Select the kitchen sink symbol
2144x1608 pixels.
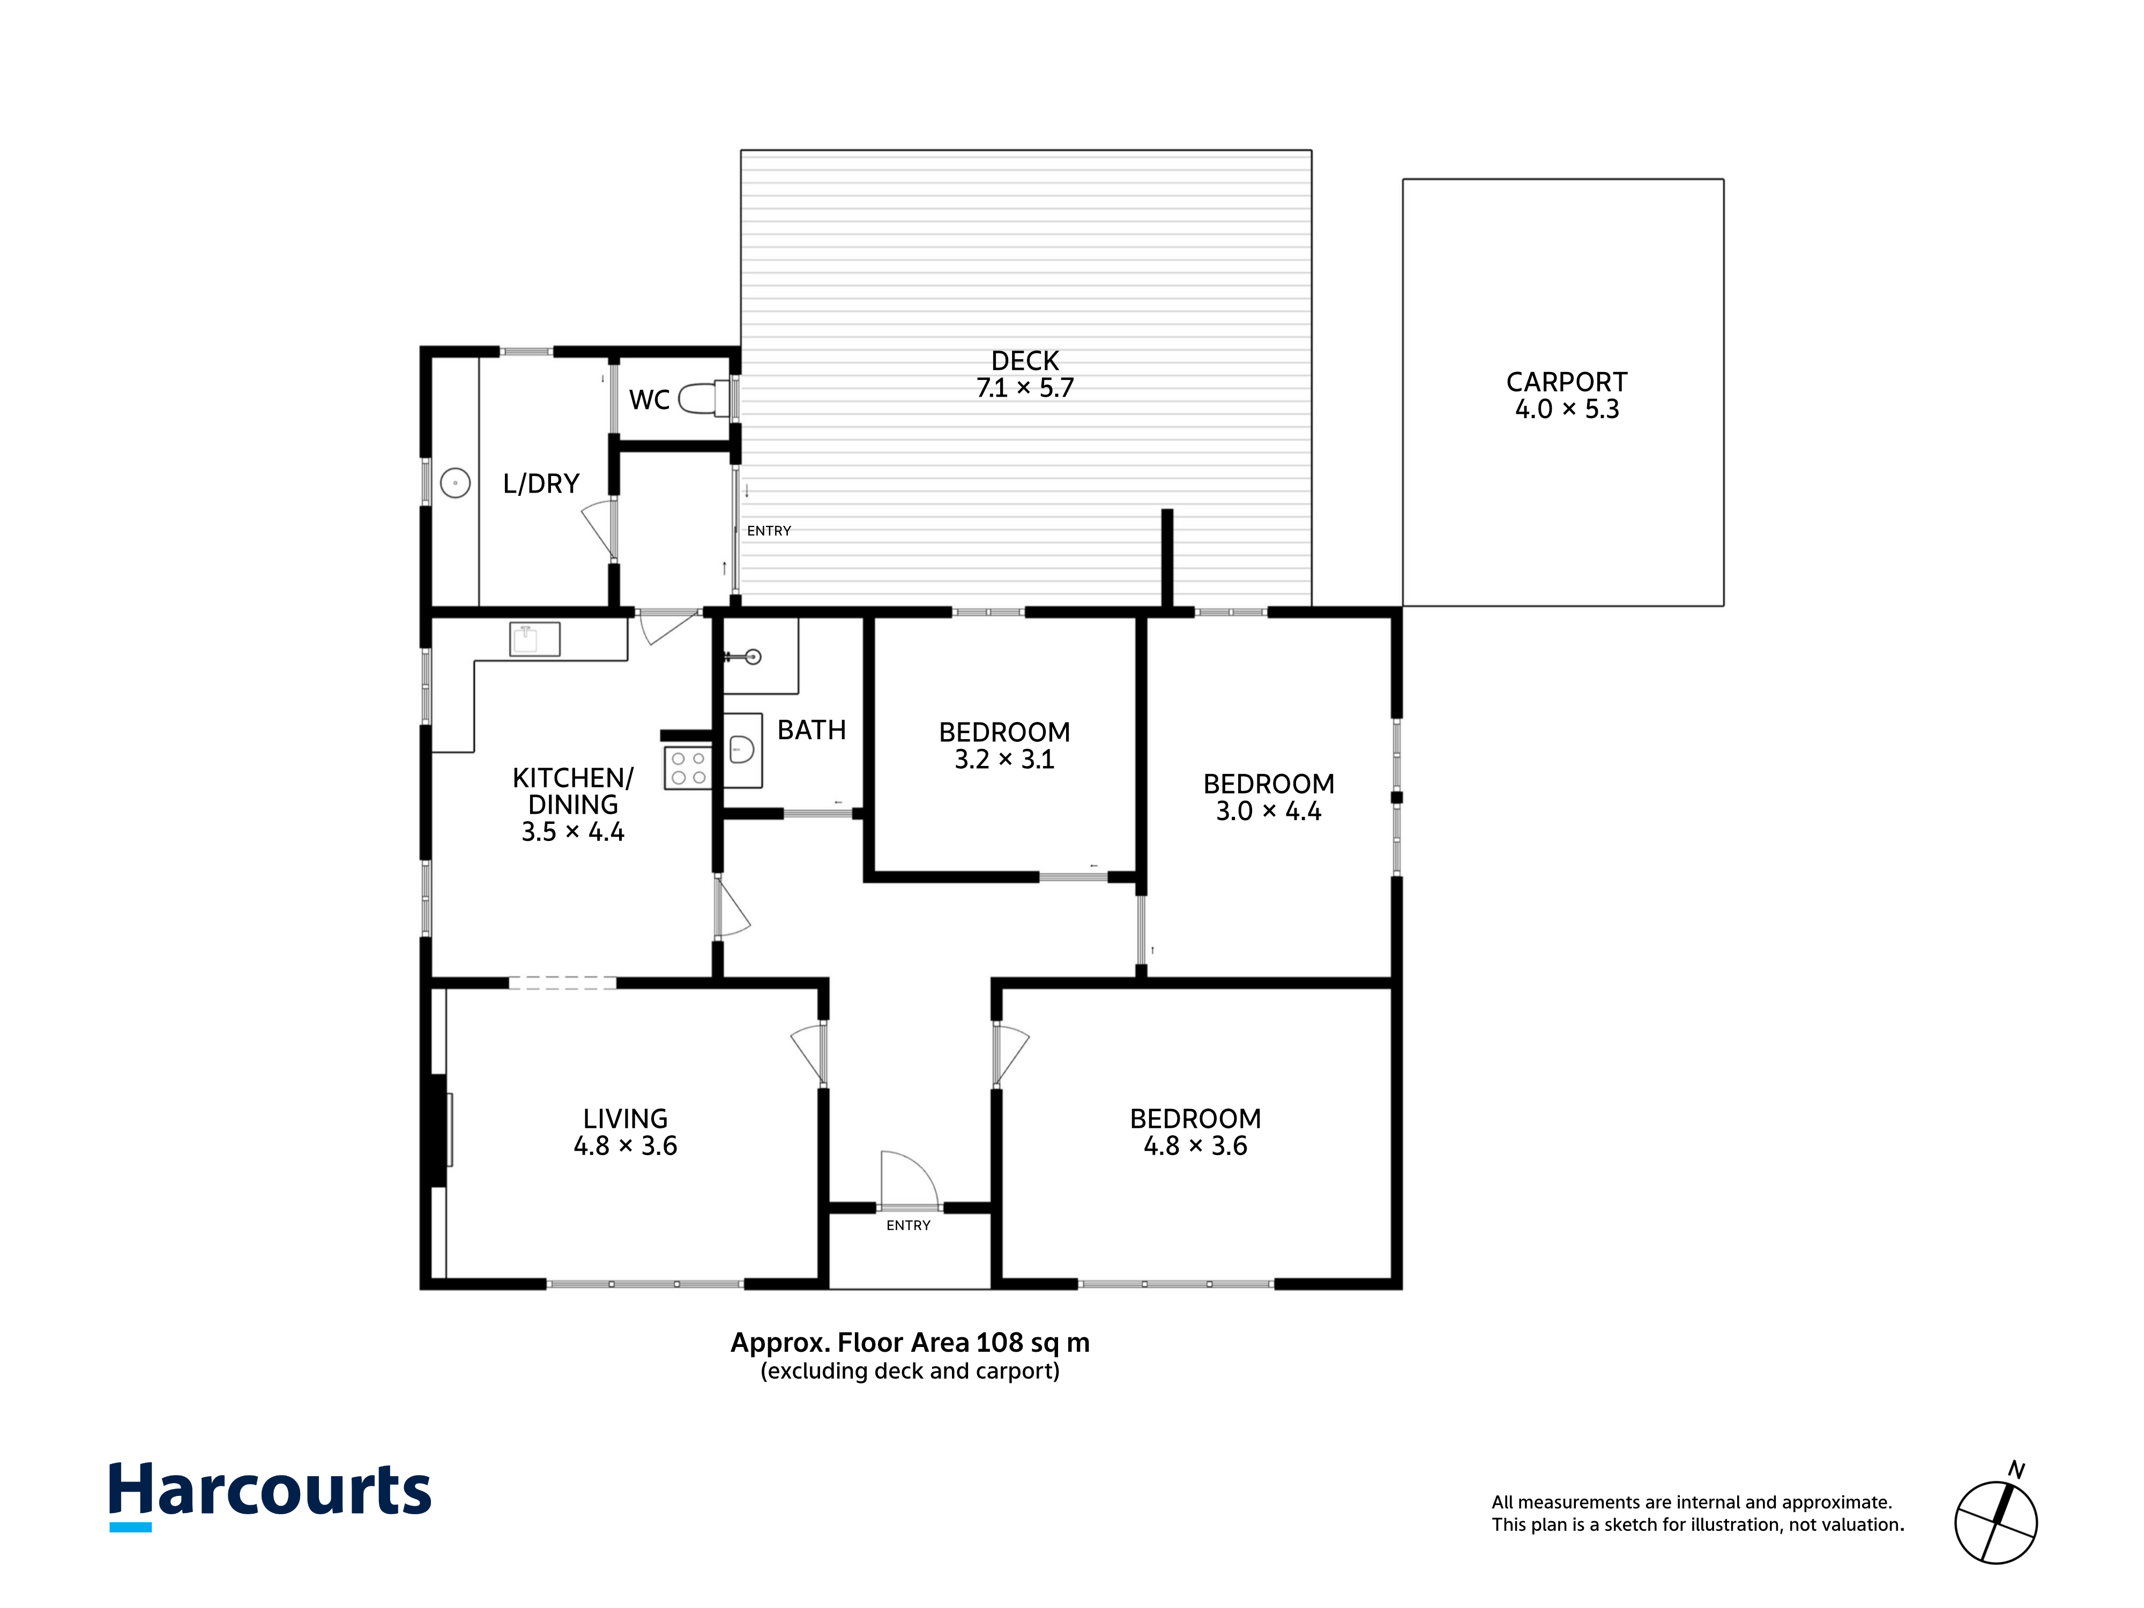[x=534, y=639]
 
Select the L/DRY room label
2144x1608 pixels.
[x=541, y=483]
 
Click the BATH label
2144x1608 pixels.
[x=812, y=730]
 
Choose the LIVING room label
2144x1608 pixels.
[x=625, y=1119]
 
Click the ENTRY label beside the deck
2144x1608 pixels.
[x=769, y=531]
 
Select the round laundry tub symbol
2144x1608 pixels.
[x=456, y=483]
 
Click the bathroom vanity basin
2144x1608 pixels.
[x=741, y=749]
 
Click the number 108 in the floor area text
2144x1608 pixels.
[x=999, y=1343]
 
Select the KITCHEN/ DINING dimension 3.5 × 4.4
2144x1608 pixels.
[x=573, y=832]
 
